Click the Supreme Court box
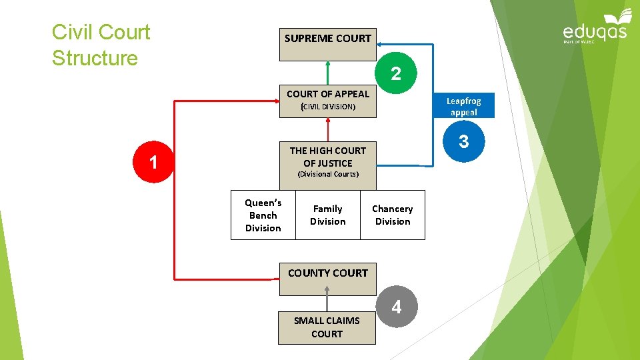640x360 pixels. pyautogui.click(x=327, y=45)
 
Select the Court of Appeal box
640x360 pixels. pyautogui.click(x=327, y=101)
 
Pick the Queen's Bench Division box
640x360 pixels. pyautogui.click(x=263, y=215)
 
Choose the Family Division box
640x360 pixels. pyautogui.click(x=327, y=215)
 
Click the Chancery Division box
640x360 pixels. pyautogui.click(x=392, y=215)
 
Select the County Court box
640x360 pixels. pyautogui.click(x=327, y=279)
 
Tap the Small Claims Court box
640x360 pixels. pyautogui.click(x=327, y=327)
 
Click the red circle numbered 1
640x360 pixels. pyautogui.click(x=153, y=162)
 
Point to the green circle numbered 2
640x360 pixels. pyautogui.click(x=396, y=73)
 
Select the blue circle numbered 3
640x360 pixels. pyautogui.click(x=464, y=141)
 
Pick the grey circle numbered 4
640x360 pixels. pyautogui.click(x=397, y=307)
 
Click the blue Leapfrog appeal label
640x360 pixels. pyautogui.click(x=463, y=106)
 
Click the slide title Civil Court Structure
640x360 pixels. pyautogui.click(x=101, y=45)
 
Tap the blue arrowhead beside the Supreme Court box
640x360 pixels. pyautogui.click(x=381, y=45)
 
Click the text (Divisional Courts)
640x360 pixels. pyautogui.click(x=327, y=174)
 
